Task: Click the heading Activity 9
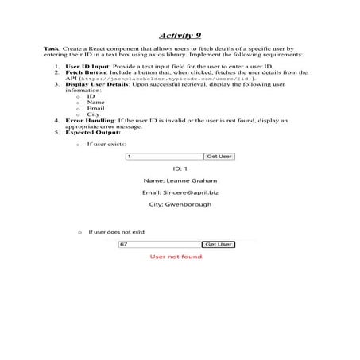pos(179,36)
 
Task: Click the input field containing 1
pos(164,157)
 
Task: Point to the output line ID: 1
pos(180,168)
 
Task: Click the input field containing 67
pos(160,244)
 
